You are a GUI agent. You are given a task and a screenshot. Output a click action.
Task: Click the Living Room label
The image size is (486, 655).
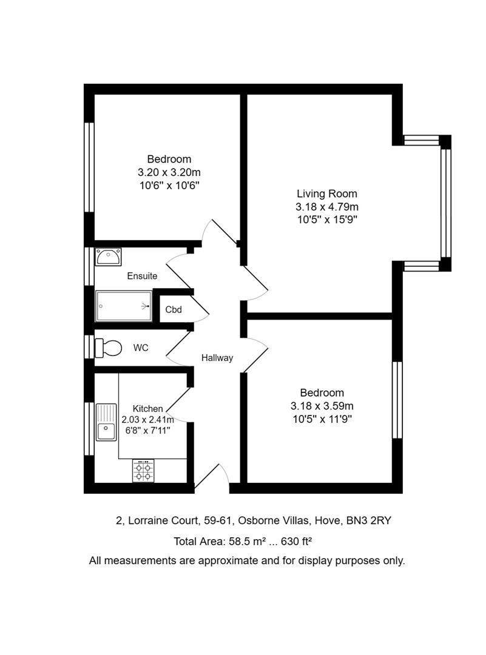coord(326,194)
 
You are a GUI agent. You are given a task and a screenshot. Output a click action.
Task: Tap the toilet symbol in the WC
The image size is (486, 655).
coord(107,348)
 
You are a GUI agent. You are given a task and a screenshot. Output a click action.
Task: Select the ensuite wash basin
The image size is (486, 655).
coord(108,257)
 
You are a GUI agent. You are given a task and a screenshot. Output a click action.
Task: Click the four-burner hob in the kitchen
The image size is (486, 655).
coord(144,471)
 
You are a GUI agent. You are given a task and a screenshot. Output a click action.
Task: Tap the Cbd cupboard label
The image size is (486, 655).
coord(174,309)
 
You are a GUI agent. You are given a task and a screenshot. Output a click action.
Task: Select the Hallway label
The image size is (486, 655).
coord(217,358)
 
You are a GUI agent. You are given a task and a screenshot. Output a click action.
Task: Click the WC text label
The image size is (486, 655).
coord(141,348)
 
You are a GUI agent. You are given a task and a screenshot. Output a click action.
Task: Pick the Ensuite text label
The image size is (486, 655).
coord(142,276)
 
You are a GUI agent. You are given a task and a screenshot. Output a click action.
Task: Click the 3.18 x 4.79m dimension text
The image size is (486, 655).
coord(326,207)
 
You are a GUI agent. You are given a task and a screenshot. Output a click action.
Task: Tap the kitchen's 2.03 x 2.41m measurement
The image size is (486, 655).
coord(148,420)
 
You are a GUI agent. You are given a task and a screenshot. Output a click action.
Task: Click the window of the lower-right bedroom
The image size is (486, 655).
coord(397,400)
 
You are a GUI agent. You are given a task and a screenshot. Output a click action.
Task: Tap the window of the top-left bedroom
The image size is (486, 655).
coord(89,167)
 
